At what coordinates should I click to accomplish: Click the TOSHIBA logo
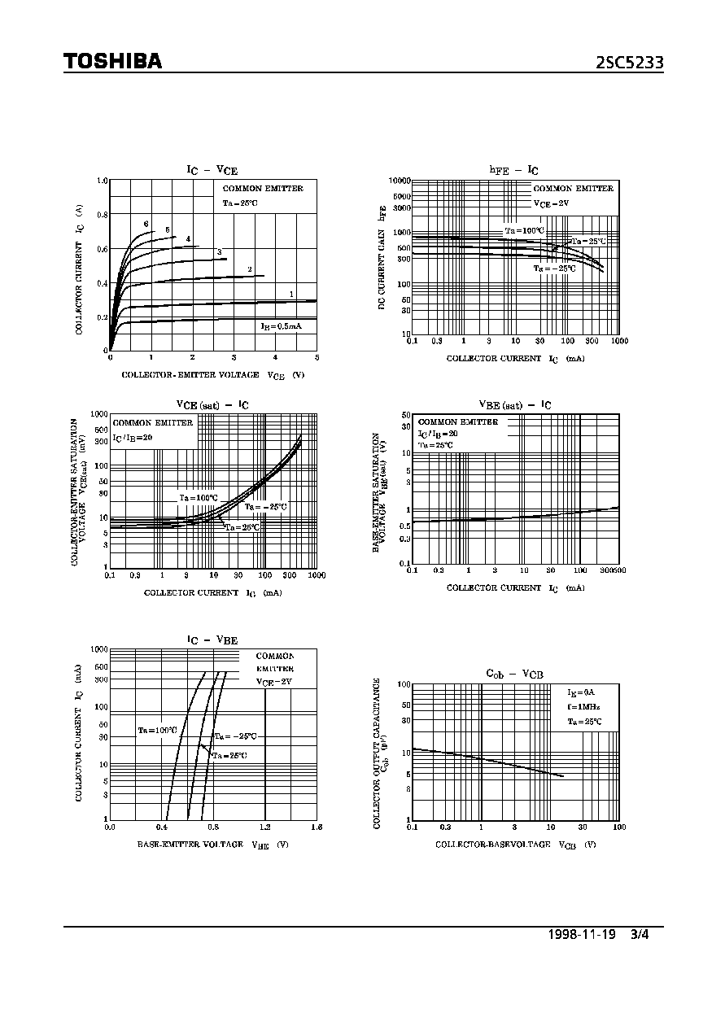coord(113,62)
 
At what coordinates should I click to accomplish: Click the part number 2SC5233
coord(630,62)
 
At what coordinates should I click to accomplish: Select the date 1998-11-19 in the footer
coord(582,934)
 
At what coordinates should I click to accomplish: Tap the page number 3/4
coord(640,934)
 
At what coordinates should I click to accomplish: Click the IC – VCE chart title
coord(212,170)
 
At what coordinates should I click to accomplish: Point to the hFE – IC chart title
coord(513,170)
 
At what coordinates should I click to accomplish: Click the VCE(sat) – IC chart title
coord(212,404)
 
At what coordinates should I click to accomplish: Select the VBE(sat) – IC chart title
coord(514,404)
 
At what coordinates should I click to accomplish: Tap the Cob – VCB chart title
coord(514,674)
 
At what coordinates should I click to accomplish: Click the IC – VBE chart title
coord(212,640)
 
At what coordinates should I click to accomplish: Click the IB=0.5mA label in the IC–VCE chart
coord(281,325)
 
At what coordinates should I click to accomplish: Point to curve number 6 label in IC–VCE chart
coord(146,224)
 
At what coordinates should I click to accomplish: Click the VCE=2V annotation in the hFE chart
coord(551,203)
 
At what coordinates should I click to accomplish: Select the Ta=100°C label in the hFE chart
coord(524,230)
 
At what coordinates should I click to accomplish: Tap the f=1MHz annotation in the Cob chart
coord(583,706)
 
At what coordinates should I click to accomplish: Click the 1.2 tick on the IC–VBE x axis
coord(264,827)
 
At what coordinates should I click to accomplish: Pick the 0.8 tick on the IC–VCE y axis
coord(102,215)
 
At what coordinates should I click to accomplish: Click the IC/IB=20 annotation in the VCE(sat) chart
coord(133,437)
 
